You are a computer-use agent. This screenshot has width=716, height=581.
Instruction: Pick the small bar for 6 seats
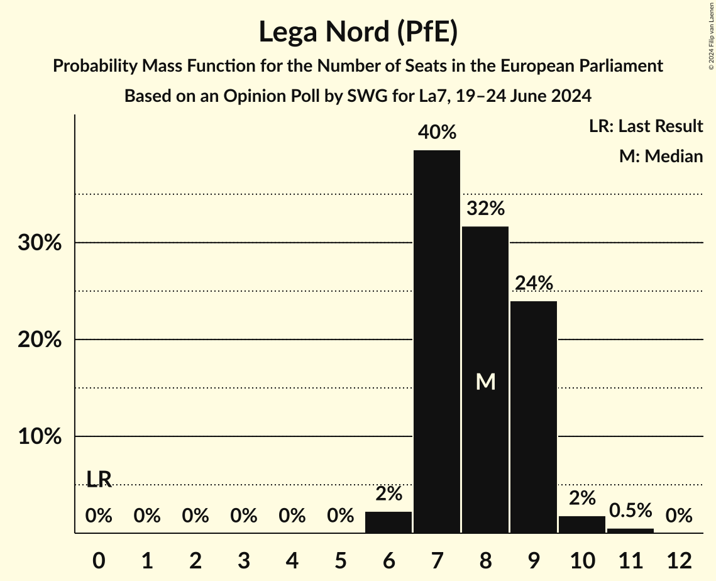(388, 523)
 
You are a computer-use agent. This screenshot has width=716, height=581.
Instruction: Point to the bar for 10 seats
(582, 524)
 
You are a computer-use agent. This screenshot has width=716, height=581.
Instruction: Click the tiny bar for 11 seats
(631, 531)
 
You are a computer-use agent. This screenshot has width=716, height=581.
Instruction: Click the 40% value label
(437, 133)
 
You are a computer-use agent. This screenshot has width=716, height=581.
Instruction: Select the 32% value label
(485, 209)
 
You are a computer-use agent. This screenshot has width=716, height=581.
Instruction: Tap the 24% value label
(534, 284)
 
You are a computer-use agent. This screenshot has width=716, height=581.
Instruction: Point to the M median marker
(485, 382)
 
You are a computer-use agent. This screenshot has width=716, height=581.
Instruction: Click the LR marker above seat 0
(99, 480)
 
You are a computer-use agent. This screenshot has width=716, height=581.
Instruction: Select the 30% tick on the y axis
(40, 243)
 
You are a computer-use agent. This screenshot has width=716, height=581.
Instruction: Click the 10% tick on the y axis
(40, 437)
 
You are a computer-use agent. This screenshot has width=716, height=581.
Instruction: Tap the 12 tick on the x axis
(679, 561)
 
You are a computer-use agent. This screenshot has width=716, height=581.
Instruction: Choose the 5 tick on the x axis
(340, 561)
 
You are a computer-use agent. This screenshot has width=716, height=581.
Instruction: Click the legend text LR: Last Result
(646, 126)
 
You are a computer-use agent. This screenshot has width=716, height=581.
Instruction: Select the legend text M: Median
(661, 157)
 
